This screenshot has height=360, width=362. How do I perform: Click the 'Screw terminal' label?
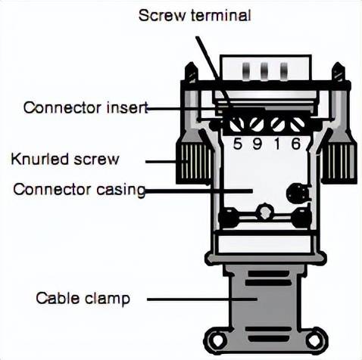(195, 16)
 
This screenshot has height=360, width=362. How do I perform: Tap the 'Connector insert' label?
(86, 107)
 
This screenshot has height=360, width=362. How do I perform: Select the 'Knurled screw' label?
(64, 160)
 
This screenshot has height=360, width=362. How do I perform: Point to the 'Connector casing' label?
(80, 190)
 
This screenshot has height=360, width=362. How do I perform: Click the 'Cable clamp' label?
(83, 299)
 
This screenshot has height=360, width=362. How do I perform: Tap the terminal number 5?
(237, 144)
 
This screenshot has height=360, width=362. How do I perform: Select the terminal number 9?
(257, 144)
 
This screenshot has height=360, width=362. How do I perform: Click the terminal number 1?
(277, 144)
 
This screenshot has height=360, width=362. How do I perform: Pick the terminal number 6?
(296, 144)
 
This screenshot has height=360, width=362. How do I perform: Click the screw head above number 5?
(236, 124)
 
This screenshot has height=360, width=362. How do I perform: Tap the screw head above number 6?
(298, 124)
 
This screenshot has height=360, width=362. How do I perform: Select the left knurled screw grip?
(194, 163)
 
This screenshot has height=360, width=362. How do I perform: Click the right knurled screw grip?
(339, 163)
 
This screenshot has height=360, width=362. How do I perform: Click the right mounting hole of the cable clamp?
(314, 340)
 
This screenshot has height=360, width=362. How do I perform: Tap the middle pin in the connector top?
(264, 71)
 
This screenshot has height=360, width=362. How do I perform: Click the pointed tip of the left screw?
(191, 63)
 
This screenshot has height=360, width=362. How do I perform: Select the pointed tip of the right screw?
(338, 63)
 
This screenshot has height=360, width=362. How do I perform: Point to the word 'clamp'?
(108, 299)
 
